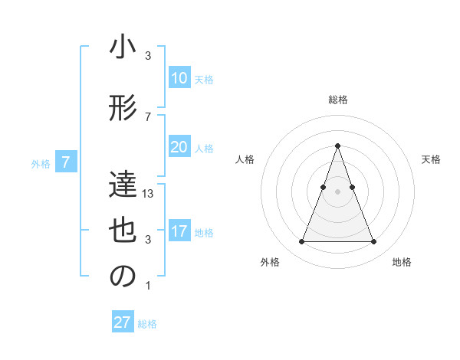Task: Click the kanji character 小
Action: [123, 48]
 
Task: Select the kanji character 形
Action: [123, 109]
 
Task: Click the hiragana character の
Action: [123, 277]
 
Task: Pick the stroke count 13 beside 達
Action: [149, 194]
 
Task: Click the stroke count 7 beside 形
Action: [148, 116]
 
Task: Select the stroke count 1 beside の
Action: [148, 286]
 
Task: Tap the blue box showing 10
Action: [179, 78]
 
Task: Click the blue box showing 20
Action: [179, 147]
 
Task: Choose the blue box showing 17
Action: [179, 231]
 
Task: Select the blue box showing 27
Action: [123, 322]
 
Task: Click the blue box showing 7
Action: [66, 162]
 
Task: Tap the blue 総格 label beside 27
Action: [147, 324]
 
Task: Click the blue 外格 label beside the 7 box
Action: [41, 163]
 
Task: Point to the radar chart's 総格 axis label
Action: [337, 100]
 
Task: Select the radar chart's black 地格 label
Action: [402, 262]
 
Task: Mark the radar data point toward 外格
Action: [301, 242]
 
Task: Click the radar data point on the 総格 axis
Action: [337, 146]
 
